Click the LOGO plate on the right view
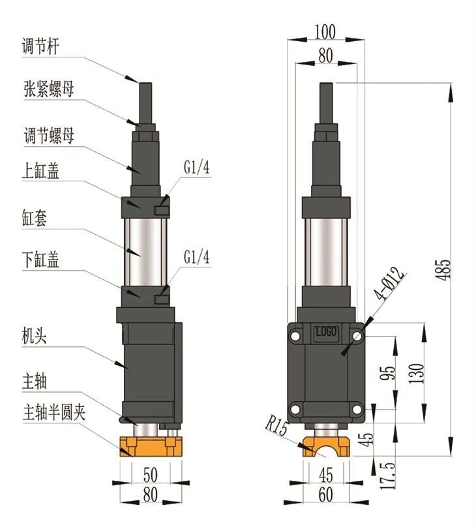[326, 331]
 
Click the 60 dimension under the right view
[326, 494]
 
